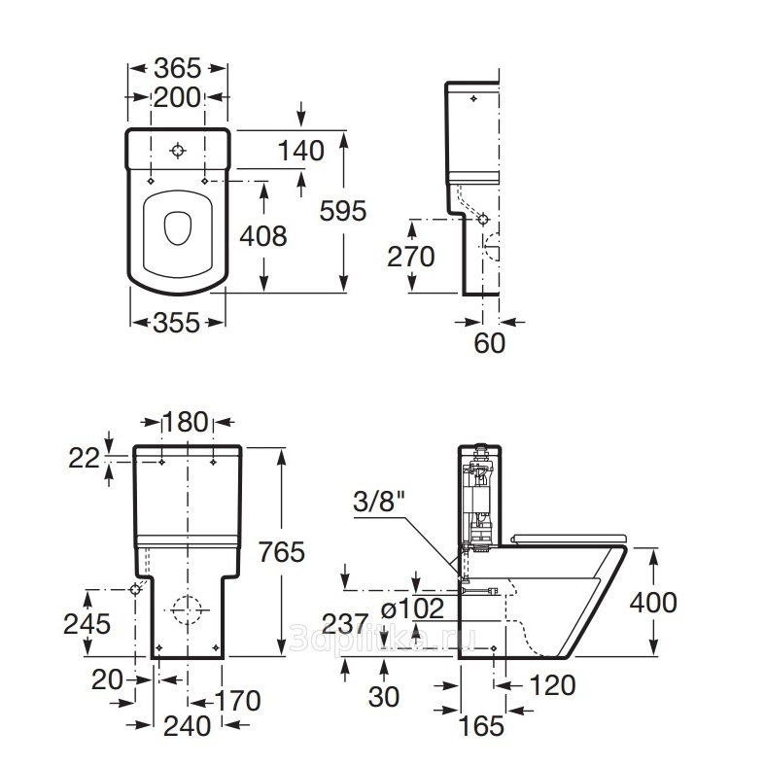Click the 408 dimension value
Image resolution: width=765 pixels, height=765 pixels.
pyautogui.click(x=263, y=235)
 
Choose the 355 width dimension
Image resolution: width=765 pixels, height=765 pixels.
pyautogui.click(x=178, y=323)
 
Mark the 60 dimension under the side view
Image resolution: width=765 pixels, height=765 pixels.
pyautogui.click(x=490, y=344)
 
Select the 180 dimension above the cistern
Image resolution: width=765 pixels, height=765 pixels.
pyautogui.click(x=186, y=422)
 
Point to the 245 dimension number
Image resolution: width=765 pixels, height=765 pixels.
pyautogui.click(x=87, y=623)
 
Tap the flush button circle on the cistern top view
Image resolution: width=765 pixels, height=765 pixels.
pyautogui.click(x=178, y=152)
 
